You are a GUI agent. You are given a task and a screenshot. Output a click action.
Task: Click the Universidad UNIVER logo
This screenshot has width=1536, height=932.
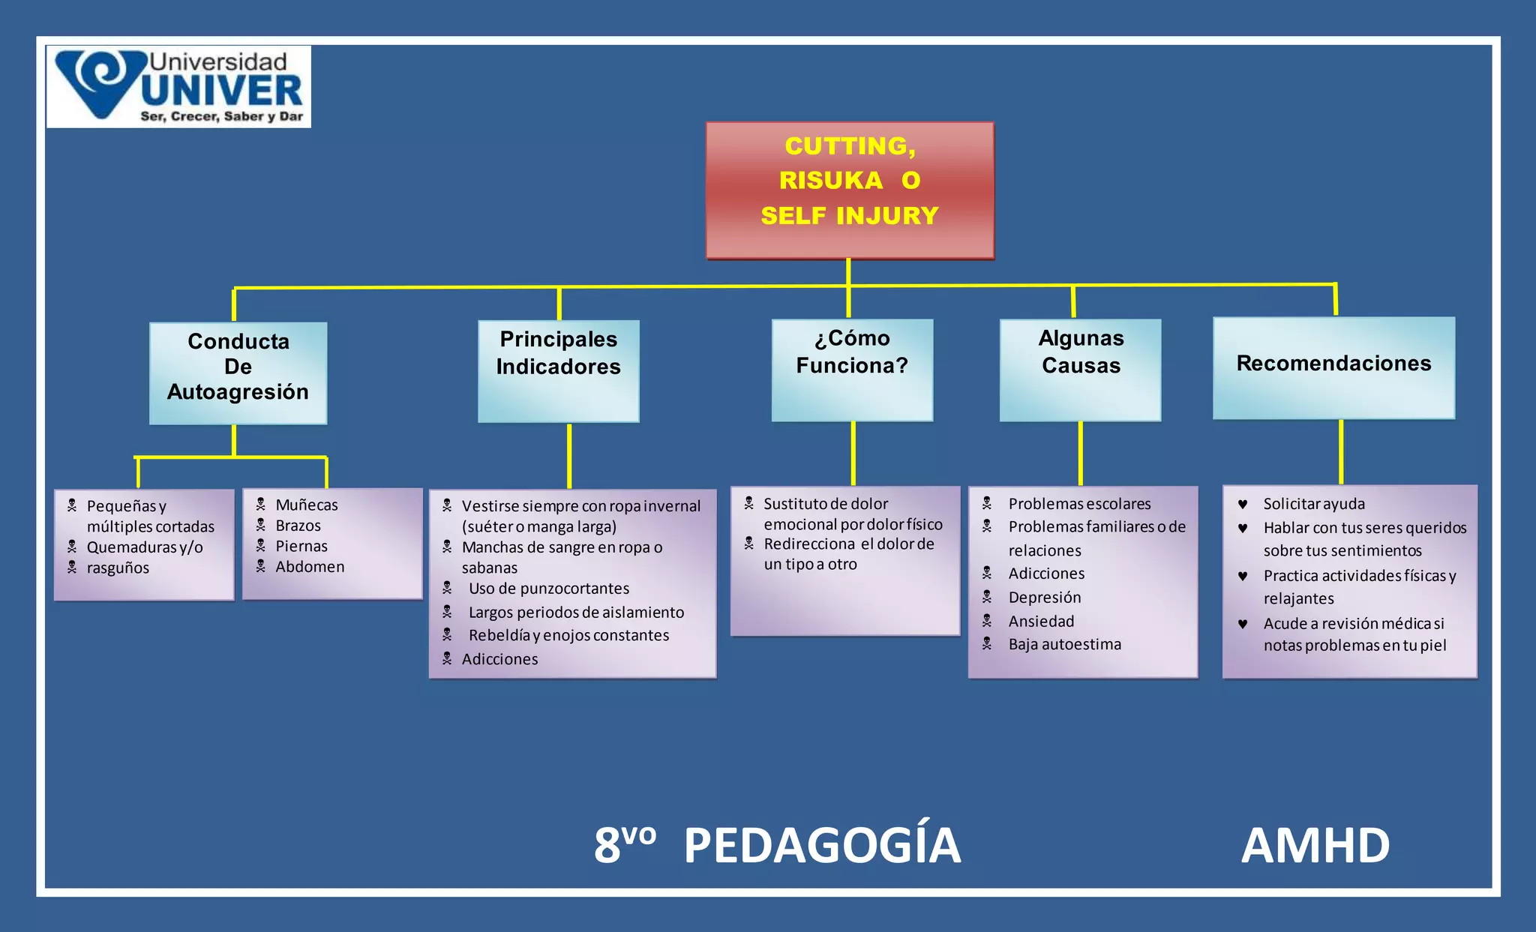(x=178, y=87)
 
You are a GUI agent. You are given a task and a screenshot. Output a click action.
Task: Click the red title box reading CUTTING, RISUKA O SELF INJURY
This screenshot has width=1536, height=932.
(x=850, y=190)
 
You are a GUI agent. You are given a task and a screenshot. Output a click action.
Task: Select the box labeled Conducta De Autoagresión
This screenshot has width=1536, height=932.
(x=238, y=373)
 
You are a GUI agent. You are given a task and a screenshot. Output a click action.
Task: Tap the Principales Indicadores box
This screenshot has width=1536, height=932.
(x=559, y=371)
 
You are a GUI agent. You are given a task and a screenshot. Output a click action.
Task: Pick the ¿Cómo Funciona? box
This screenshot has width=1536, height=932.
(x=852, y=370)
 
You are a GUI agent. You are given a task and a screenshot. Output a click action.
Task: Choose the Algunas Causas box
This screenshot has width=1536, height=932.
(x=1080, y=370)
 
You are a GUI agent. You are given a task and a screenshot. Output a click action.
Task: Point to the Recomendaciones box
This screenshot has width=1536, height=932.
(x=1333, y=367)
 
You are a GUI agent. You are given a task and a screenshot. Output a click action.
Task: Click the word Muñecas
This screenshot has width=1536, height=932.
(x=307, y=505)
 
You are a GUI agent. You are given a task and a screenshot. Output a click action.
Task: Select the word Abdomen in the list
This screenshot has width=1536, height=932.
(x=310, y=567)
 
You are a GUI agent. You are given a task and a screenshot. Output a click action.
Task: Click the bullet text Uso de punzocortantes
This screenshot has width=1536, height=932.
(x=549, y=589)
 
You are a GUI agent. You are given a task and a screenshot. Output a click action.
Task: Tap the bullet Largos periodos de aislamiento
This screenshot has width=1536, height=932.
(x=576, y=613)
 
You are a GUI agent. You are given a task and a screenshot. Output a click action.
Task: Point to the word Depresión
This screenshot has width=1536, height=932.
(x=1045, y=598)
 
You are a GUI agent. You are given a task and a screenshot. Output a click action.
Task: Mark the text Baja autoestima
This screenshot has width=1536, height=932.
(x=1065, y=645)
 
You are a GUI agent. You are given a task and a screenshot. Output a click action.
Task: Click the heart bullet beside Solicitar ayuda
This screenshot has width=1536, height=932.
(x=1243, y=505)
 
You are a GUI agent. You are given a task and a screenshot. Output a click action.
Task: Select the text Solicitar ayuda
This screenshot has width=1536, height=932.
(x=1314, y=504)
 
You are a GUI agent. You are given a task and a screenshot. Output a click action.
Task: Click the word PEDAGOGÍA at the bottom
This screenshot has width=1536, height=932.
(x=822, y=846)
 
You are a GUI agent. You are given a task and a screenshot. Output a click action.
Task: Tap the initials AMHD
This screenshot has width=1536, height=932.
(x=1315, y=846)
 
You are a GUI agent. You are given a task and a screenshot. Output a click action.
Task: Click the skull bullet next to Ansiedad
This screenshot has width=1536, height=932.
(x=987, y=621)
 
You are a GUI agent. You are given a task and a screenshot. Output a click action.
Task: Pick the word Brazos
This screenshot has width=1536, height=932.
(x=298, y=526)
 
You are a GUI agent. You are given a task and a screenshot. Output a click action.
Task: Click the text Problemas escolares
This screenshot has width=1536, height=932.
(x=1079, y=504)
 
